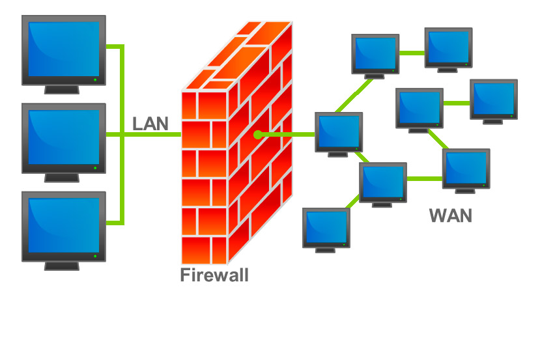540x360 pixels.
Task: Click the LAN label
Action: coord(150,124)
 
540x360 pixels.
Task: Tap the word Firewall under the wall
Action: coord(214,275)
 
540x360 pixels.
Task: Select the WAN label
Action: coord(450,215)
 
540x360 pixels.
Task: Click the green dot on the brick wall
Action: coord(258,135)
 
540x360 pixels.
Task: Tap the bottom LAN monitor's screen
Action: coord(63,225)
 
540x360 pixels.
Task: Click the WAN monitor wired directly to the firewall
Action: coord(339,132)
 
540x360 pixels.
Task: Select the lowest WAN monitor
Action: coord(326,228)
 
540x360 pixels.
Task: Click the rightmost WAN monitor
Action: coord(494,100)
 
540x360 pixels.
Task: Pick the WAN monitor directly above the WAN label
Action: coord(466,169)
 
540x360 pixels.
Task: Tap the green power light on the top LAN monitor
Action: coord(95,79)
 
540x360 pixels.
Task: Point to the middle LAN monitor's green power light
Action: coord(95,168)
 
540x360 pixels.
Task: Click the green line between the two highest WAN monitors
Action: coord(411,53)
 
